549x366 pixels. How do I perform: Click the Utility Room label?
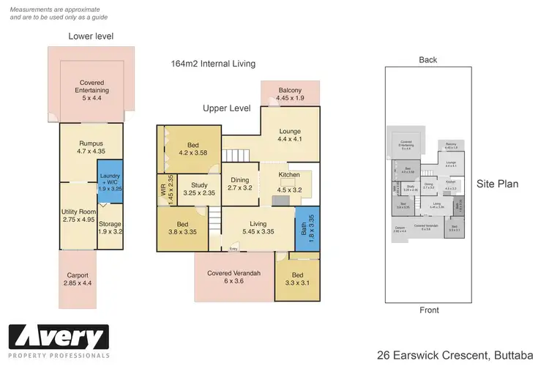pyautogui.click(x=78, y=215)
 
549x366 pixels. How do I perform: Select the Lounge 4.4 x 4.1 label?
pyautogui.click(x=290, y=135)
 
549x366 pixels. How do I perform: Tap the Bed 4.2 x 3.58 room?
pyautogui.click(x=192, y=149)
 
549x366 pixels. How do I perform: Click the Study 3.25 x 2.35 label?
pyautogui.click(x=198, y=190)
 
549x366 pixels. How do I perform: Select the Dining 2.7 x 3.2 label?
pyautogui.click(x=240, y=184)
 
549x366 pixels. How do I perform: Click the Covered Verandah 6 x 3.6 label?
pyautogui.click(x=234, y=277)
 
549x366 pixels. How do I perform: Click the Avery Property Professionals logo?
pyautogui.click(x=59, y=340)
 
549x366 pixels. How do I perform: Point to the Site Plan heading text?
pyautogui.click(x=498, y=184)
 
